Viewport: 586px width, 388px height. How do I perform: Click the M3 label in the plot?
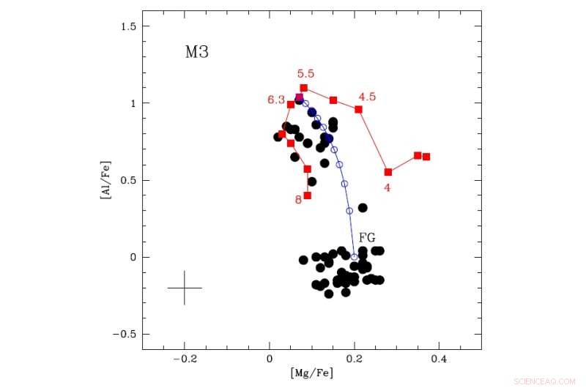(x=197, y=53)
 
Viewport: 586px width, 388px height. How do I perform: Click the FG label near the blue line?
(x=367, y=237)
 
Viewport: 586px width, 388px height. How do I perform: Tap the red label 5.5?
(x=305, y=74)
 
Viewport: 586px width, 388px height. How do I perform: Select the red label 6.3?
(x=275, y=100)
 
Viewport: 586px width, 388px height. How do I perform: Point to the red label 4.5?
(x=367, y=97)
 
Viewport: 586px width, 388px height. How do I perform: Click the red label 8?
(x=298, y=200)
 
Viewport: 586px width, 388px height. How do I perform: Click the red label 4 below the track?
(x=387, y=187)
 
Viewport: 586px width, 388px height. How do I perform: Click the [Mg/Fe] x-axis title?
(x=311, y=373)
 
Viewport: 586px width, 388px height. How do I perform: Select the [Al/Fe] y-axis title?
(x=107, y=180)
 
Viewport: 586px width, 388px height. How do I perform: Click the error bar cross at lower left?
(x=185, y=288)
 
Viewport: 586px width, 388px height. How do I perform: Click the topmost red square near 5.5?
(x=303, y=88)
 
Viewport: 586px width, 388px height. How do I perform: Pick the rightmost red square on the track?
(x=426, y=157)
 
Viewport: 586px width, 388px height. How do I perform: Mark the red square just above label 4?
(x=388, y=172)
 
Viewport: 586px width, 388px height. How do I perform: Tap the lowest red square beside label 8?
(x=308, y=195)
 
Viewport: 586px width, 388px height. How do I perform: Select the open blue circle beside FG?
(x=355, y=257)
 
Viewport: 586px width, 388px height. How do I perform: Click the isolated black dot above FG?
(x=363, y=208)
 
